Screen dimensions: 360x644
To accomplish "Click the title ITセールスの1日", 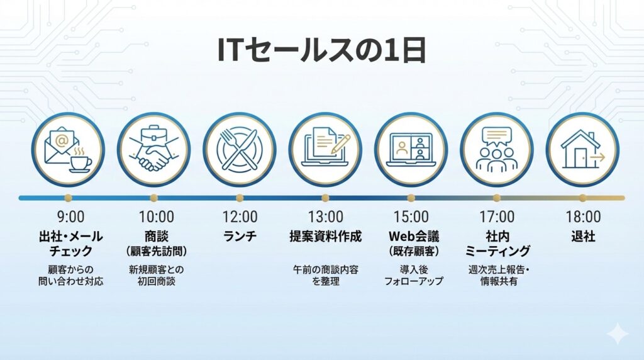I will coord(321,50).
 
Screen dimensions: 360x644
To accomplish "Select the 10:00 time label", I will coord(156,217).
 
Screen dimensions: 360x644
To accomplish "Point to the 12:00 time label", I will coord(240,217).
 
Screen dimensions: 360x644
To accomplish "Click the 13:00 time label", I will coord(325,217).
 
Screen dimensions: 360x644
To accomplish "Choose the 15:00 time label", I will coord(411,217).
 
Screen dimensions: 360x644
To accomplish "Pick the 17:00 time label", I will coord(496,217).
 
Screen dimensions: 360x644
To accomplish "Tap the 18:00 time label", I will coord(582,217).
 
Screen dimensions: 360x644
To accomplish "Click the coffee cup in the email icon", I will coord(80,162).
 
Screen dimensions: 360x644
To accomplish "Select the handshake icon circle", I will coord(154,149).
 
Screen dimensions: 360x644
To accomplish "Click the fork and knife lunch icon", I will coord(240,149).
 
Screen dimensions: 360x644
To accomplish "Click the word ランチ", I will coord(240,237).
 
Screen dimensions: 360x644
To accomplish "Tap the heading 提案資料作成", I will coord(325,237).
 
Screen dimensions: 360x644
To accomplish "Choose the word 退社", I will coord(582,237).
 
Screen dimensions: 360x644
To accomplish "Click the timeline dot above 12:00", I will coord(240,198).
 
